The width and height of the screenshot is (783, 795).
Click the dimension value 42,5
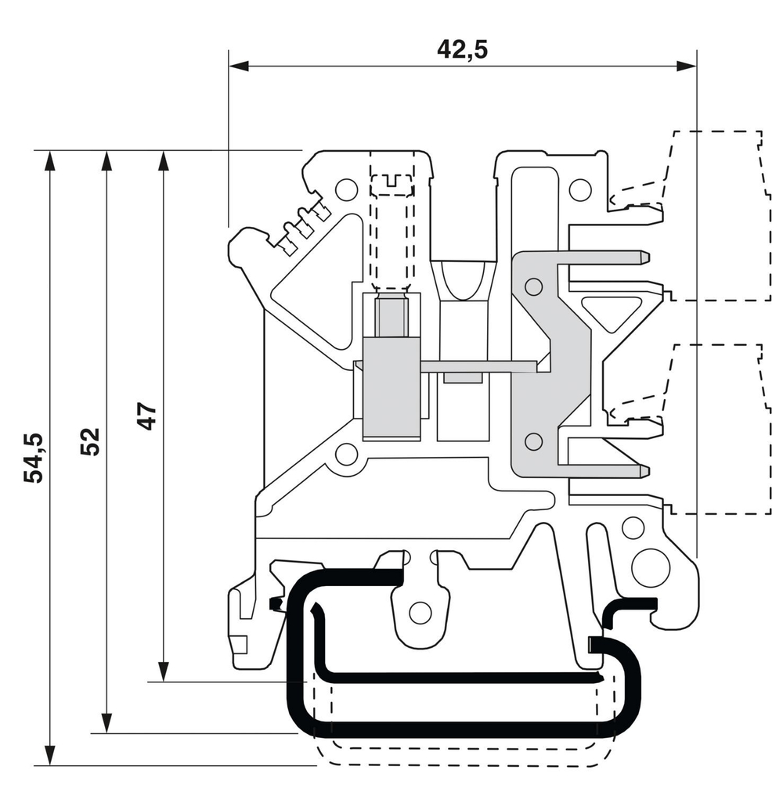(462, 49)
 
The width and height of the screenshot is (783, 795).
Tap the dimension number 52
(91, 441)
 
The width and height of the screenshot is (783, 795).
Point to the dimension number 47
(147, 416)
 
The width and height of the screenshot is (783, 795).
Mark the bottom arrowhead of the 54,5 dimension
(50, 754)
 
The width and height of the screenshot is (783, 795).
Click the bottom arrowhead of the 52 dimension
(107, 723)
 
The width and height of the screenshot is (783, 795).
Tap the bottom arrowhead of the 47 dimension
(163, 671)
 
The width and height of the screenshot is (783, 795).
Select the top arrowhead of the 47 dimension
(163, 160)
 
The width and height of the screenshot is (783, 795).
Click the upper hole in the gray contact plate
(533, 286)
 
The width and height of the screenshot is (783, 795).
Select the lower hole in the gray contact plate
(533, 441)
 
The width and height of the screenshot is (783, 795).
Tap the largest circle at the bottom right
(650, 568)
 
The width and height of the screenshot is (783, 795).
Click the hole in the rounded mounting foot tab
(420, 613)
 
